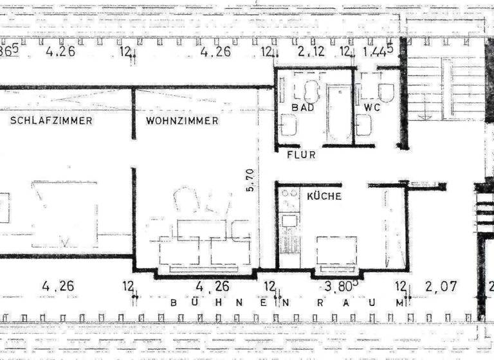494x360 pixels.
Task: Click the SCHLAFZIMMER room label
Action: (51, 120)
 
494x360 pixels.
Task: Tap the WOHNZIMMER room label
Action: (182, 120)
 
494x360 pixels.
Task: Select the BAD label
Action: (302, 107)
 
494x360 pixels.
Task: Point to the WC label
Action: (372, 107)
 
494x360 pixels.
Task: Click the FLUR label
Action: (301, 155)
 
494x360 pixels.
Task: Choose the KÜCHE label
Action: (324, 196)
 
